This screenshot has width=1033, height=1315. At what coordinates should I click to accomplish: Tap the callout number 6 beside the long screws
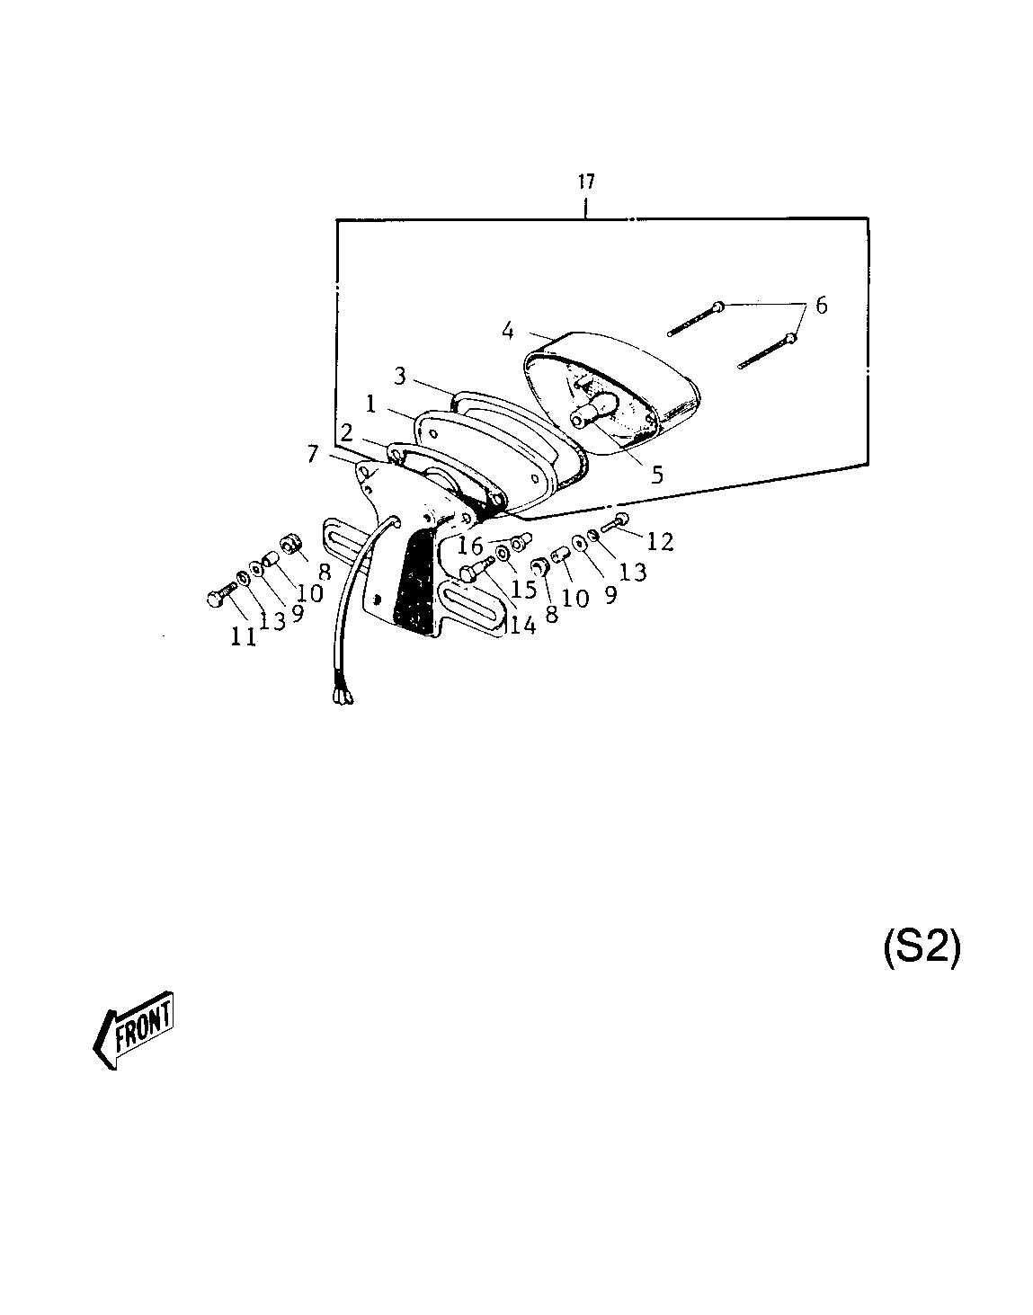tap(821, 306)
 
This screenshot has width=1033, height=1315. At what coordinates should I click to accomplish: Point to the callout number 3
tap(399, 377)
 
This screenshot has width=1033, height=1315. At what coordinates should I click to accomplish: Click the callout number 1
tap(371, 404)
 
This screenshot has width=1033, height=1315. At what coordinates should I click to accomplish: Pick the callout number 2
tap(346, 432)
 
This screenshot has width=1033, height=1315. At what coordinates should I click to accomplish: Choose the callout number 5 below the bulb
tap(657, 474)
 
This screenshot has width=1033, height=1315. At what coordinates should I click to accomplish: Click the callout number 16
tap(470, 546)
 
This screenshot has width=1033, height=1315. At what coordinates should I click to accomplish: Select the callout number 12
tap(660, 542)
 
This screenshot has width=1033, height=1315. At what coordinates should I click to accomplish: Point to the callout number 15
tap(523, 589)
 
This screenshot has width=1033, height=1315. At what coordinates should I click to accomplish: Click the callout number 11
tap(244, 637)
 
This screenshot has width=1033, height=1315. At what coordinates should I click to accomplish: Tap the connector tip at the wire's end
tap(343, 699)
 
